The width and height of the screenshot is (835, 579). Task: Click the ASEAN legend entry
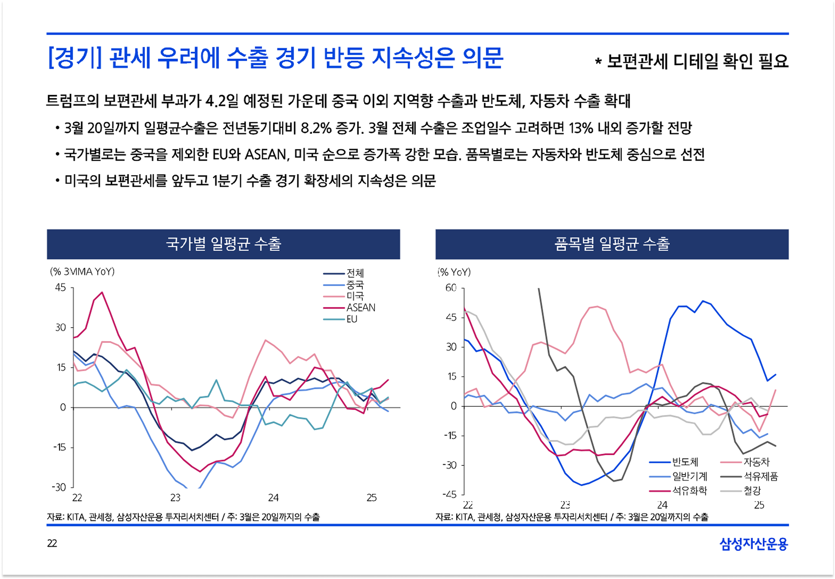coord(360,308)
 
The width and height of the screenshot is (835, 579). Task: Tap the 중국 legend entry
coord(355,285)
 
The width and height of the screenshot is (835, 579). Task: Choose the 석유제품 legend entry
coord(760,476)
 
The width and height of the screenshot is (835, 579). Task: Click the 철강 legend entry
coord(752,491)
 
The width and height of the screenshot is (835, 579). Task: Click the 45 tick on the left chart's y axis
coord(61,288)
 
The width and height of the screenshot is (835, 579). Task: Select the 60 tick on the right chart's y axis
coord(451,288)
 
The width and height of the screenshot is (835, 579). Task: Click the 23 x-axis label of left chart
coord(175,498)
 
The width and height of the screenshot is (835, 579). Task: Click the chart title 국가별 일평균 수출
coord(223,244)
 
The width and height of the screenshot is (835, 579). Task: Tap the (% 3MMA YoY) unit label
coord(83,272)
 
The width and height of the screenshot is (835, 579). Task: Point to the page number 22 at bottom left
coord(52,543)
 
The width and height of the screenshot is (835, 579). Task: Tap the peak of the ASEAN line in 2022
coord(102,292)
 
